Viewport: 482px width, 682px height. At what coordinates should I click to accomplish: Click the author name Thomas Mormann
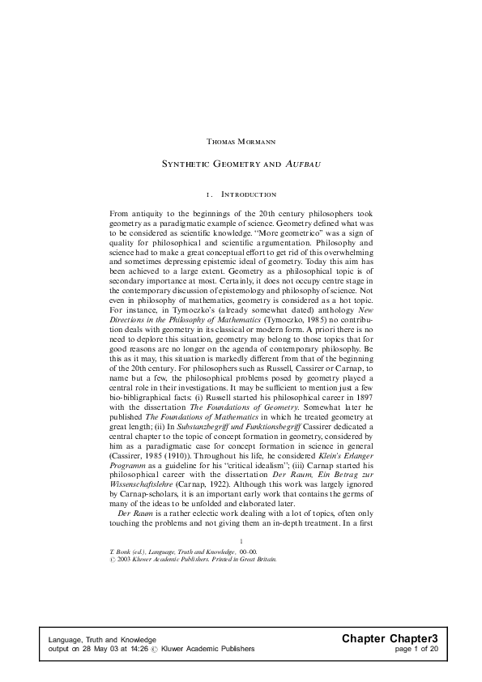pyautogui.click(x=241, y=141)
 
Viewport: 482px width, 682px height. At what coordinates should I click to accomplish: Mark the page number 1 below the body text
pyautogui.click(x=242, y=540)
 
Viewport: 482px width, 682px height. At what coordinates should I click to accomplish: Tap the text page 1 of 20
pyautogui.click(x=416, y=649)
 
